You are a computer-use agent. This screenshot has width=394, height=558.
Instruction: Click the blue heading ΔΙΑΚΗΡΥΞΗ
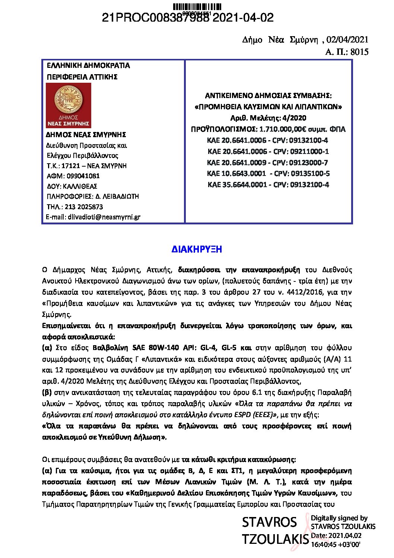[x=197, y=249]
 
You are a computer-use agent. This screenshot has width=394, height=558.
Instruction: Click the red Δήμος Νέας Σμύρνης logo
[x=69, y=105]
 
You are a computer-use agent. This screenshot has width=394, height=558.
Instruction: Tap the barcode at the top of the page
[x=197, y=7]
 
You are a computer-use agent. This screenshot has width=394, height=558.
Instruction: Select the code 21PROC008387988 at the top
[x=156, y=18]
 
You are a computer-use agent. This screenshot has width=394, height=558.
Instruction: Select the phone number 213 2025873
[x=84, y=207]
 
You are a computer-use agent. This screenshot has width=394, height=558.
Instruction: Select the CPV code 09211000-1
[x=309, y=151]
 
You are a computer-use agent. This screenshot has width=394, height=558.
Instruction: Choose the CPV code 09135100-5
[x=310, y=173]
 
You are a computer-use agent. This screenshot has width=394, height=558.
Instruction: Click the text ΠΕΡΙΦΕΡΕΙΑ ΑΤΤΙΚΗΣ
[x=82, y=77]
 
